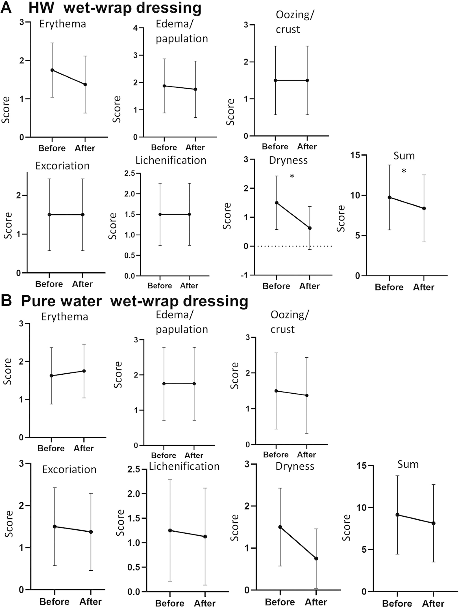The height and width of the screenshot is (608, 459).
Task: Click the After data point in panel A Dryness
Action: [x=310, y=228]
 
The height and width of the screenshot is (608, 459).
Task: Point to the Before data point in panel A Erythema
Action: [x=52, y=70]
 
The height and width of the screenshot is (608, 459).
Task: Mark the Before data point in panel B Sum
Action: [x=397, y=515]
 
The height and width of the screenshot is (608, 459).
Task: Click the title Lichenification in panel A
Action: [x=171, y=160]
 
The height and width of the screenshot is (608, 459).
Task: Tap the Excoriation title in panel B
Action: [x=69, y=469]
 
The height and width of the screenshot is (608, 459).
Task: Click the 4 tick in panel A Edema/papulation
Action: [x=136, y=28]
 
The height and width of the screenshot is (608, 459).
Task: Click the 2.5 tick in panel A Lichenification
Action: [x=130, y=173]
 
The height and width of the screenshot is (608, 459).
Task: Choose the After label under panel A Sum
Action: [x=423, y=287]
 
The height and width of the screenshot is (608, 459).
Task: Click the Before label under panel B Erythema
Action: [x=51, y=448]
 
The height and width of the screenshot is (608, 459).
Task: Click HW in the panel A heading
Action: [x=41, y=8]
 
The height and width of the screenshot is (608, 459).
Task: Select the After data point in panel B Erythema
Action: [x=84, y=371]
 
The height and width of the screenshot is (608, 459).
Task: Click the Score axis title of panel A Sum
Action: [x=341, y=219]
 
